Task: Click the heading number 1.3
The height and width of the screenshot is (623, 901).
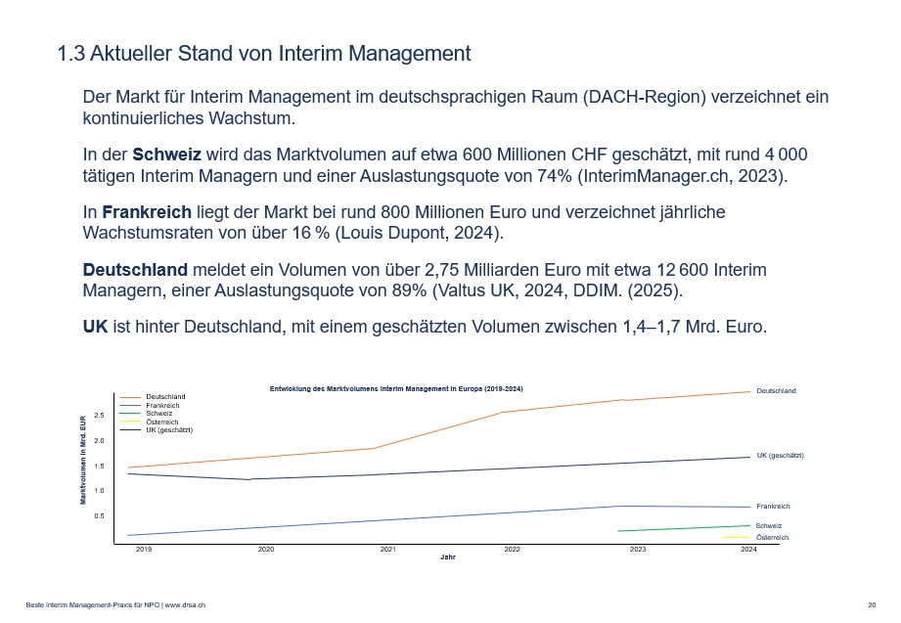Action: tap(71, 54)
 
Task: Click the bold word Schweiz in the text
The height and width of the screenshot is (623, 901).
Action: tap(166, 156)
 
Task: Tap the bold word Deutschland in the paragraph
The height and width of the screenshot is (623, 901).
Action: tap(135, 269)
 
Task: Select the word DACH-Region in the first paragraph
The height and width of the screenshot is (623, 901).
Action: tap(647, 98)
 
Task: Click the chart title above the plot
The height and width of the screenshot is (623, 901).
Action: tap(396, 389)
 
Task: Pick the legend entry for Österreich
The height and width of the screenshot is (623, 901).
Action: tap(162, 422)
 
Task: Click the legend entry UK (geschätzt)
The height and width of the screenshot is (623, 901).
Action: tap(169, 430)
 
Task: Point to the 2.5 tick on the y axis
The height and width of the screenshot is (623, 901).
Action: tap(99, 415)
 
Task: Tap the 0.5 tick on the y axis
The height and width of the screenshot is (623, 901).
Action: tap(99, 515)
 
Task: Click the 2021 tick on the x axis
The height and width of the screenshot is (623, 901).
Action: tap(387, 550)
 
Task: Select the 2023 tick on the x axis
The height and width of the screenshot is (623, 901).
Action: tap(638, 550)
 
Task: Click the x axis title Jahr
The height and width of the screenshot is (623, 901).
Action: tap(447, 557)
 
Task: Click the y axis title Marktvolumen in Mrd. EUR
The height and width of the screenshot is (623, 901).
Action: tap(83, 460)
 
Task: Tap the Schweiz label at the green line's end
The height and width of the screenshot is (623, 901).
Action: tap(768, 526)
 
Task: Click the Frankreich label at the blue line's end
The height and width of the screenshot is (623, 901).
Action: tap(773, 507)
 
